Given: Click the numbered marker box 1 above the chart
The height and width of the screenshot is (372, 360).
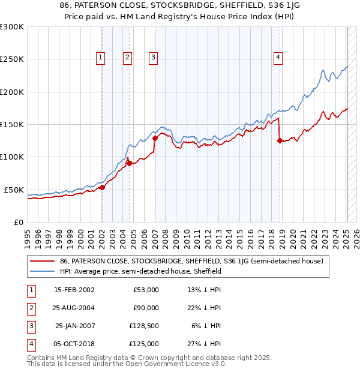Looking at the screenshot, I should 100,58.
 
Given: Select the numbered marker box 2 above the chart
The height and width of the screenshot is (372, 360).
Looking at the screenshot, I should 128,58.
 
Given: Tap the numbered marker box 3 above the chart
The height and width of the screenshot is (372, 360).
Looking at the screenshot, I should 154,58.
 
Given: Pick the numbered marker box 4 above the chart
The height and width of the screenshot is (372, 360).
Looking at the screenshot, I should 278,58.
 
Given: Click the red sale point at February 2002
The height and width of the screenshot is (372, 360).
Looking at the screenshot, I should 102,187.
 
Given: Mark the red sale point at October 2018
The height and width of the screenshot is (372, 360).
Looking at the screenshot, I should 280,141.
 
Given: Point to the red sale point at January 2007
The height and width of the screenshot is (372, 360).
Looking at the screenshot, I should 155,138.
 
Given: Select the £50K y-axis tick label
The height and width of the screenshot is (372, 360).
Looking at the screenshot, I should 14,190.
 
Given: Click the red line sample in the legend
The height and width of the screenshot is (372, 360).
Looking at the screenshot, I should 43,261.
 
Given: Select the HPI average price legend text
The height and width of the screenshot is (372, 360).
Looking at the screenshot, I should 141,271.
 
